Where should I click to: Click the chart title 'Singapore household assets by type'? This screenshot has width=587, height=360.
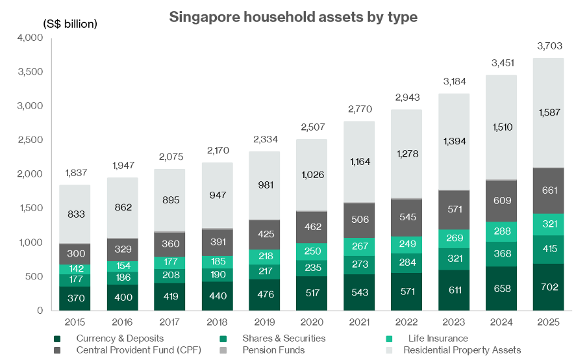tap(293, 17)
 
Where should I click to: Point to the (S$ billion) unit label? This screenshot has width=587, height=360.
tap(70, 24)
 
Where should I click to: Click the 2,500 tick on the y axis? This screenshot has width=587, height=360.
tap(29, 140)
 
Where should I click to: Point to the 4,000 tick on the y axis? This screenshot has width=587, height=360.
tap(29, 38)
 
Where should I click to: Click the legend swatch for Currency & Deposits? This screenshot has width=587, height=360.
tap(58, 339)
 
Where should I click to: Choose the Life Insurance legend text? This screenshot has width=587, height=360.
tap(438, 339)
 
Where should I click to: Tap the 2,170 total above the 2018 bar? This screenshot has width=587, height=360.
tap(217, 151)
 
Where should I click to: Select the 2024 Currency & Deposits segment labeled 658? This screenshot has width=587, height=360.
tap(501, 288)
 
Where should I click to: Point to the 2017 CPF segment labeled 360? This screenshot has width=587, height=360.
tap(169, 244)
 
